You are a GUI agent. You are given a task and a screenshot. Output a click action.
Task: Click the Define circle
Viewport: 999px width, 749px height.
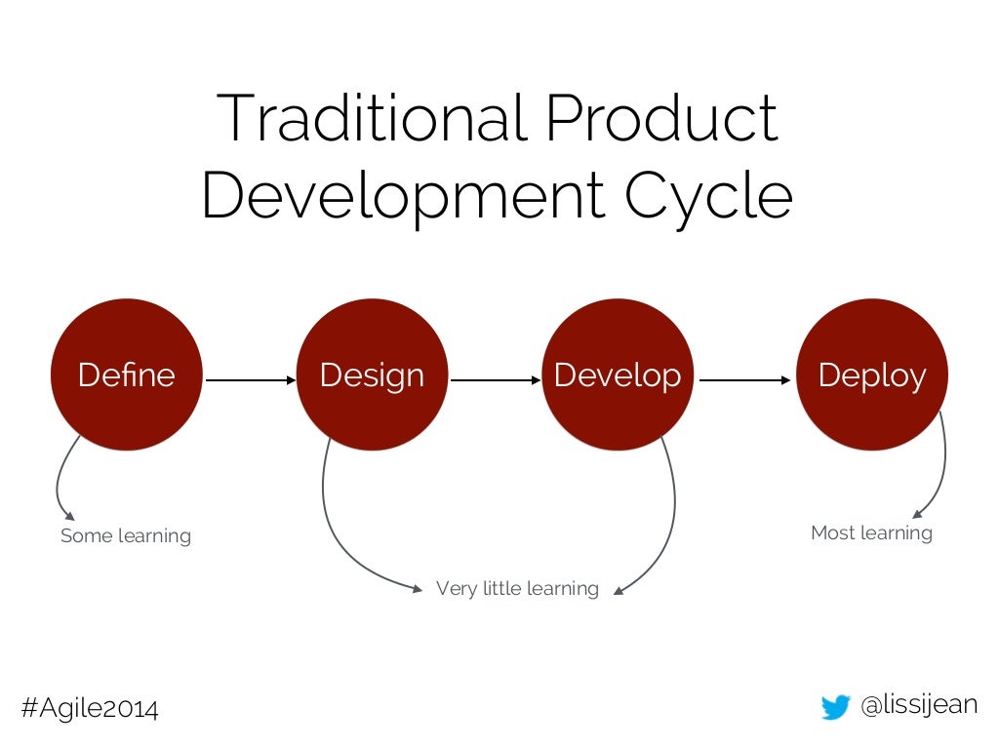click(x=126, y=374)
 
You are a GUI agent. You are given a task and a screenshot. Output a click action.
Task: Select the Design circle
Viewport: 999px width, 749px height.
click(x=372, y=374)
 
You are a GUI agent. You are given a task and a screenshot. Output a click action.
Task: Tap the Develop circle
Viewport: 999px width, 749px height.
click(x=617, y=374)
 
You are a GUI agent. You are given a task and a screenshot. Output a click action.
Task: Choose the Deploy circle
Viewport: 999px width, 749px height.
click(x=871, y=374)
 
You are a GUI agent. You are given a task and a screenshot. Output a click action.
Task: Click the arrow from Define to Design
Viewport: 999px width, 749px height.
click(x=250, y=380)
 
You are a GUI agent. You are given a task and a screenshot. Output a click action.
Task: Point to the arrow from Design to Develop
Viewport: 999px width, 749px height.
click(x=496, y=380)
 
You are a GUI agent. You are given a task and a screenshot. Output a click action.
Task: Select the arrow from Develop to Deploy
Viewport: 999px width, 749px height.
click(x=744, y=380)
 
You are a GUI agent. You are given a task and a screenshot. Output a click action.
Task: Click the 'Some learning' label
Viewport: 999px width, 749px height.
click(x=126, y=535)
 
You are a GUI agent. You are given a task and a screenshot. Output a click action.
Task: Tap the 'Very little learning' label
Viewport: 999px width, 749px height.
click(x=517, y=588)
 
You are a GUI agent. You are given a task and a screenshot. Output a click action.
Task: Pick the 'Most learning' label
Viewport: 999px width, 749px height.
click(x=871, y=532)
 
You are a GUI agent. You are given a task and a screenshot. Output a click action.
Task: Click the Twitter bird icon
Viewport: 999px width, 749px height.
click(x=835, y=707)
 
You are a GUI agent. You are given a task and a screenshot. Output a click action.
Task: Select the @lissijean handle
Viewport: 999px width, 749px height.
click(x=919, y=705)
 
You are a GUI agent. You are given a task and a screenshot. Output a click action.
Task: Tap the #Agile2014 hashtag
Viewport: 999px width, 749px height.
click(x=90, y=708)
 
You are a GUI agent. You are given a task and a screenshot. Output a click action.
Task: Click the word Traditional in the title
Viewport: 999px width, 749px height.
click(x=372, y=118)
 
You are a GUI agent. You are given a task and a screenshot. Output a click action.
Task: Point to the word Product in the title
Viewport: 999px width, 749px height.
click(x=661, y=118)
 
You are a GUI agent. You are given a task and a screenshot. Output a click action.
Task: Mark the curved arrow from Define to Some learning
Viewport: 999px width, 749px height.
click(x=60, y=483)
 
